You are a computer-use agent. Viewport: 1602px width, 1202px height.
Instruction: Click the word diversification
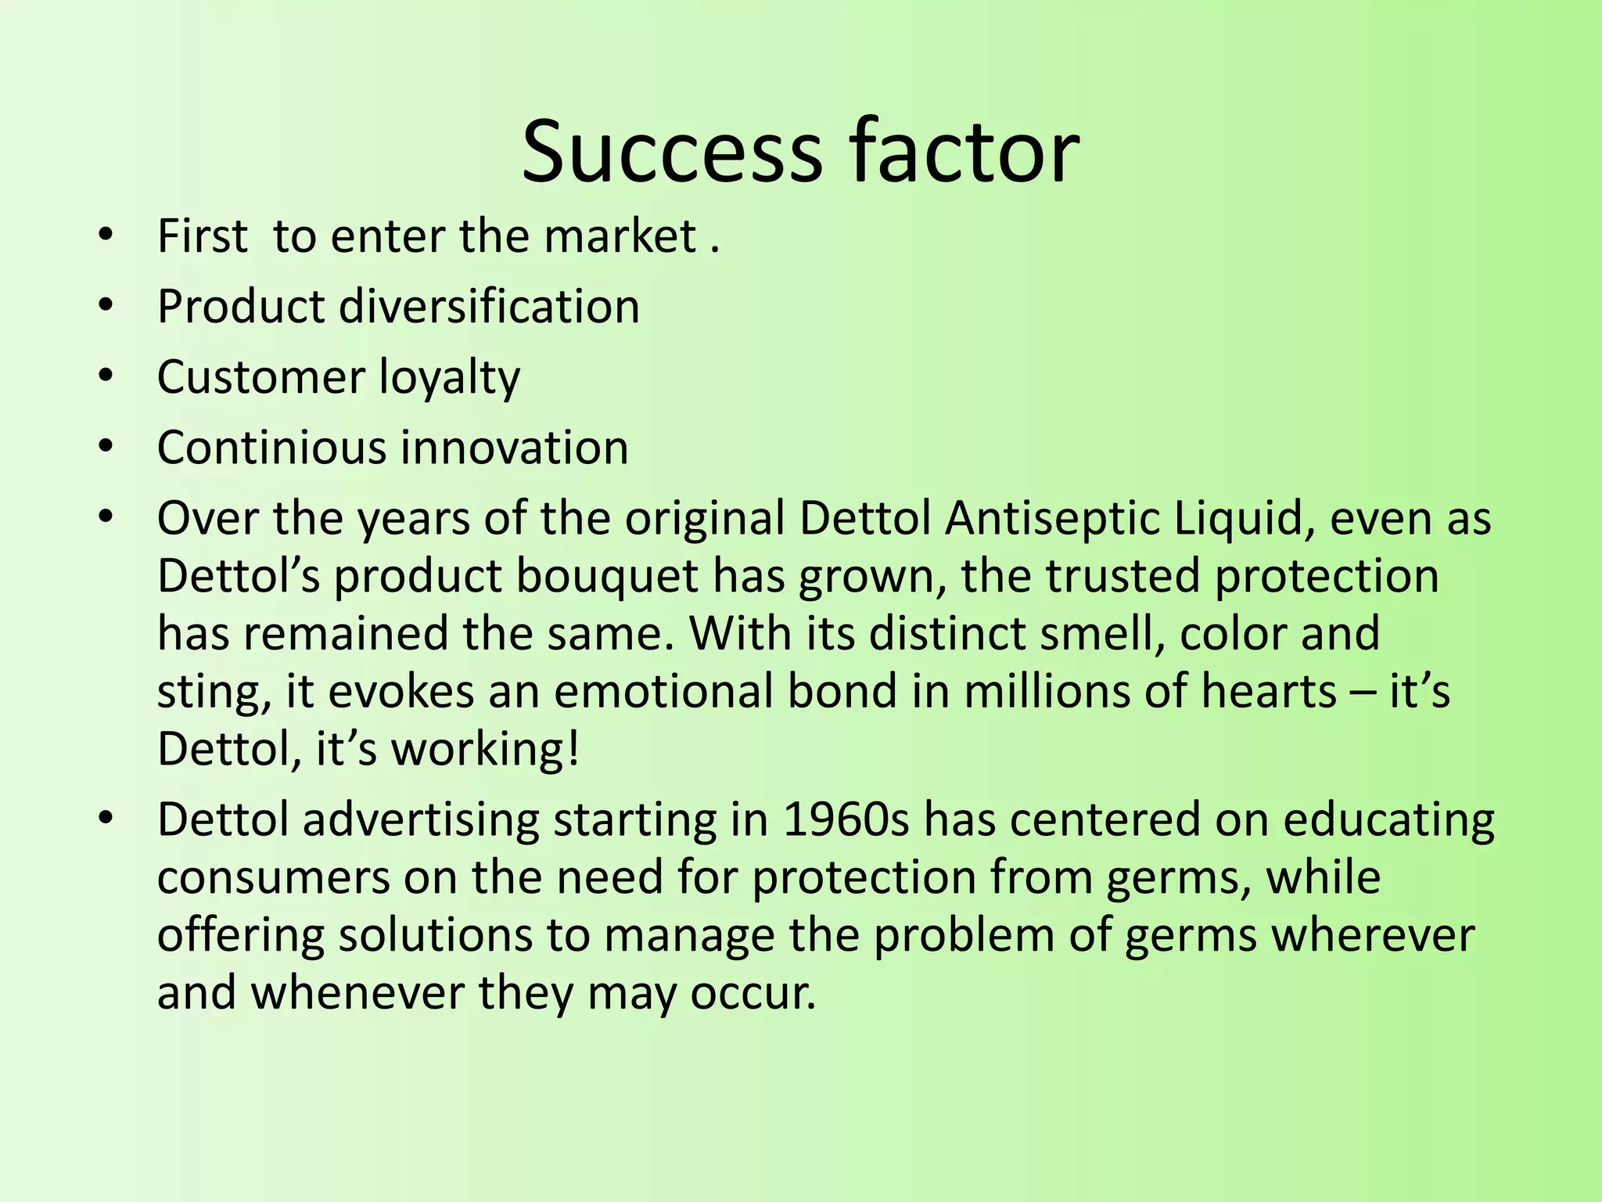(x=489, y=306)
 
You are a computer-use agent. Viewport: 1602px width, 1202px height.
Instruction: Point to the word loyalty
(x=449, y=378)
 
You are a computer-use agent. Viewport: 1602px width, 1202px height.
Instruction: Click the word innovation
(x=514, y=448)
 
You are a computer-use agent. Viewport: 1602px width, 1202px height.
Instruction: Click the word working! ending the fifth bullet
(x=485, y=750)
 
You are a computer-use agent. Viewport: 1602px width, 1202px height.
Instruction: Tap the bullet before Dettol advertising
(x=106, y=819)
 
